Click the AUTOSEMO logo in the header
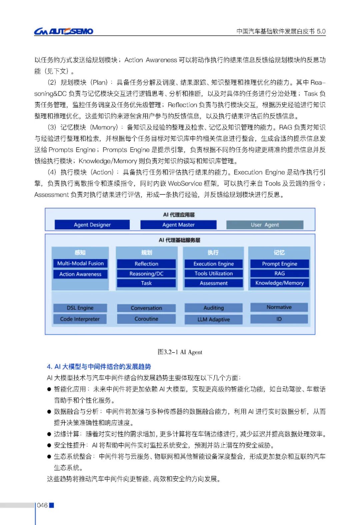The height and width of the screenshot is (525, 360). (64, 31)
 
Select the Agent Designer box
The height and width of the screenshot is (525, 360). (92, 225)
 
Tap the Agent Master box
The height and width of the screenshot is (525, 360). (178, 225)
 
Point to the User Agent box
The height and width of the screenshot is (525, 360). (265, 225)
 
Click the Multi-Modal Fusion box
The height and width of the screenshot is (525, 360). (80, 264)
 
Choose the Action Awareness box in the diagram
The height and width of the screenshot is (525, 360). (80, 274)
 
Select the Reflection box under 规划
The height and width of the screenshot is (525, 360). (146, 264)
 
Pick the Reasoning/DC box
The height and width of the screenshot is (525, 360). (146, 274)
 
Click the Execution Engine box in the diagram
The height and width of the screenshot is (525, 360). (213, 264)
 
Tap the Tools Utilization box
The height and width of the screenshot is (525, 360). (213, 274)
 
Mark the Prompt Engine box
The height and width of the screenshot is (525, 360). (279, 264)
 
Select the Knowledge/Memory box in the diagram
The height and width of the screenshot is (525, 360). (279, 283)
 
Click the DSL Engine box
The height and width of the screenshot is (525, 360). (80, 308)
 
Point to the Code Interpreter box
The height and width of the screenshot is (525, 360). (80, 319)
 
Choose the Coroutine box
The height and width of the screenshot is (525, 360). (146, 319)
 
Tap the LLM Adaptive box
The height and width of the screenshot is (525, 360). (213, 320)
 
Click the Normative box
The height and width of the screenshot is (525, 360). (279, 307)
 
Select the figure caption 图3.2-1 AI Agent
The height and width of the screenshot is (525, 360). (180, 352)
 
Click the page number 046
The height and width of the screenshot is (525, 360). (42, 505)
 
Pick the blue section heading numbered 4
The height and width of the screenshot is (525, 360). (99, 367)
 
